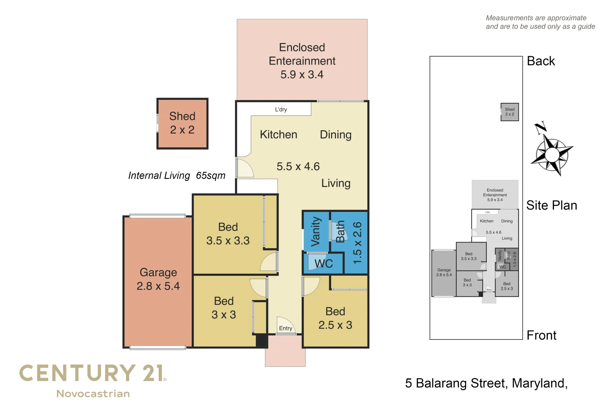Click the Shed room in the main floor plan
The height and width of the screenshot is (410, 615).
click(x=182, y=123)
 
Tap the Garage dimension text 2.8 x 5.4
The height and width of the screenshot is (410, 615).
click(x=158, y=286)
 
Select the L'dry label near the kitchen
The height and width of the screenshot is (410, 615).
click(x=281, y=109)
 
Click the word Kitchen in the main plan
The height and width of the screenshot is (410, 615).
click(x=278, y=135)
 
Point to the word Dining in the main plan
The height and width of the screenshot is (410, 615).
click(x=336, y=135)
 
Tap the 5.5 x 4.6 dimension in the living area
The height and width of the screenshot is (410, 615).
click(x=298, y=167)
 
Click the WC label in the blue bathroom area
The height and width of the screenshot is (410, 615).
click(x=323, y=263)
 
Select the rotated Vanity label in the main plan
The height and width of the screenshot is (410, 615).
click(x=316, y=232)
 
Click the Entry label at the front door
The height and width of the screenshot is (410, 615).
click(x=285, y=328)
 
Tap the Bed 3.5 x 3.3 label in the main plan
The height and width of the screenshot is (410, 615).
click(x=228, y=234)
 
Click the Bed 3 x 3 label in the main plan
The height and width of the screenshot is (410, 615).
click(x=224, y=308)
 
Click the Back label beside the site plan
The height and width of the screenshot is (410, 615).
click(x=541, y=61)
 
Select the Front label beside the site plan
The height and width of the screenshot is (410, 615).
click(x=541, y=336)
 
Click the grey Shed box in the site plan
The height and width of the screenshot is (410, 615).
click(x=509, y=112)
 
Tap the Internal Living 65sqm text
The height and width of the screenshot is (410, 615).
click(x=177, y=176)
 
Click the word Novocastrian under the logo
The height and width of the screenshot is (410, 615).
click(x=93, y=394)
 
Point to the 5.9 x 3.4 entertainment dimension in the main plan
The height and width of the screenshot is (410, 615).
click(x=302, y=75)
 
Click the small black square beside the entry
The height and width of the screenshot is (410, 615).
click(x=262, y=341)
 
